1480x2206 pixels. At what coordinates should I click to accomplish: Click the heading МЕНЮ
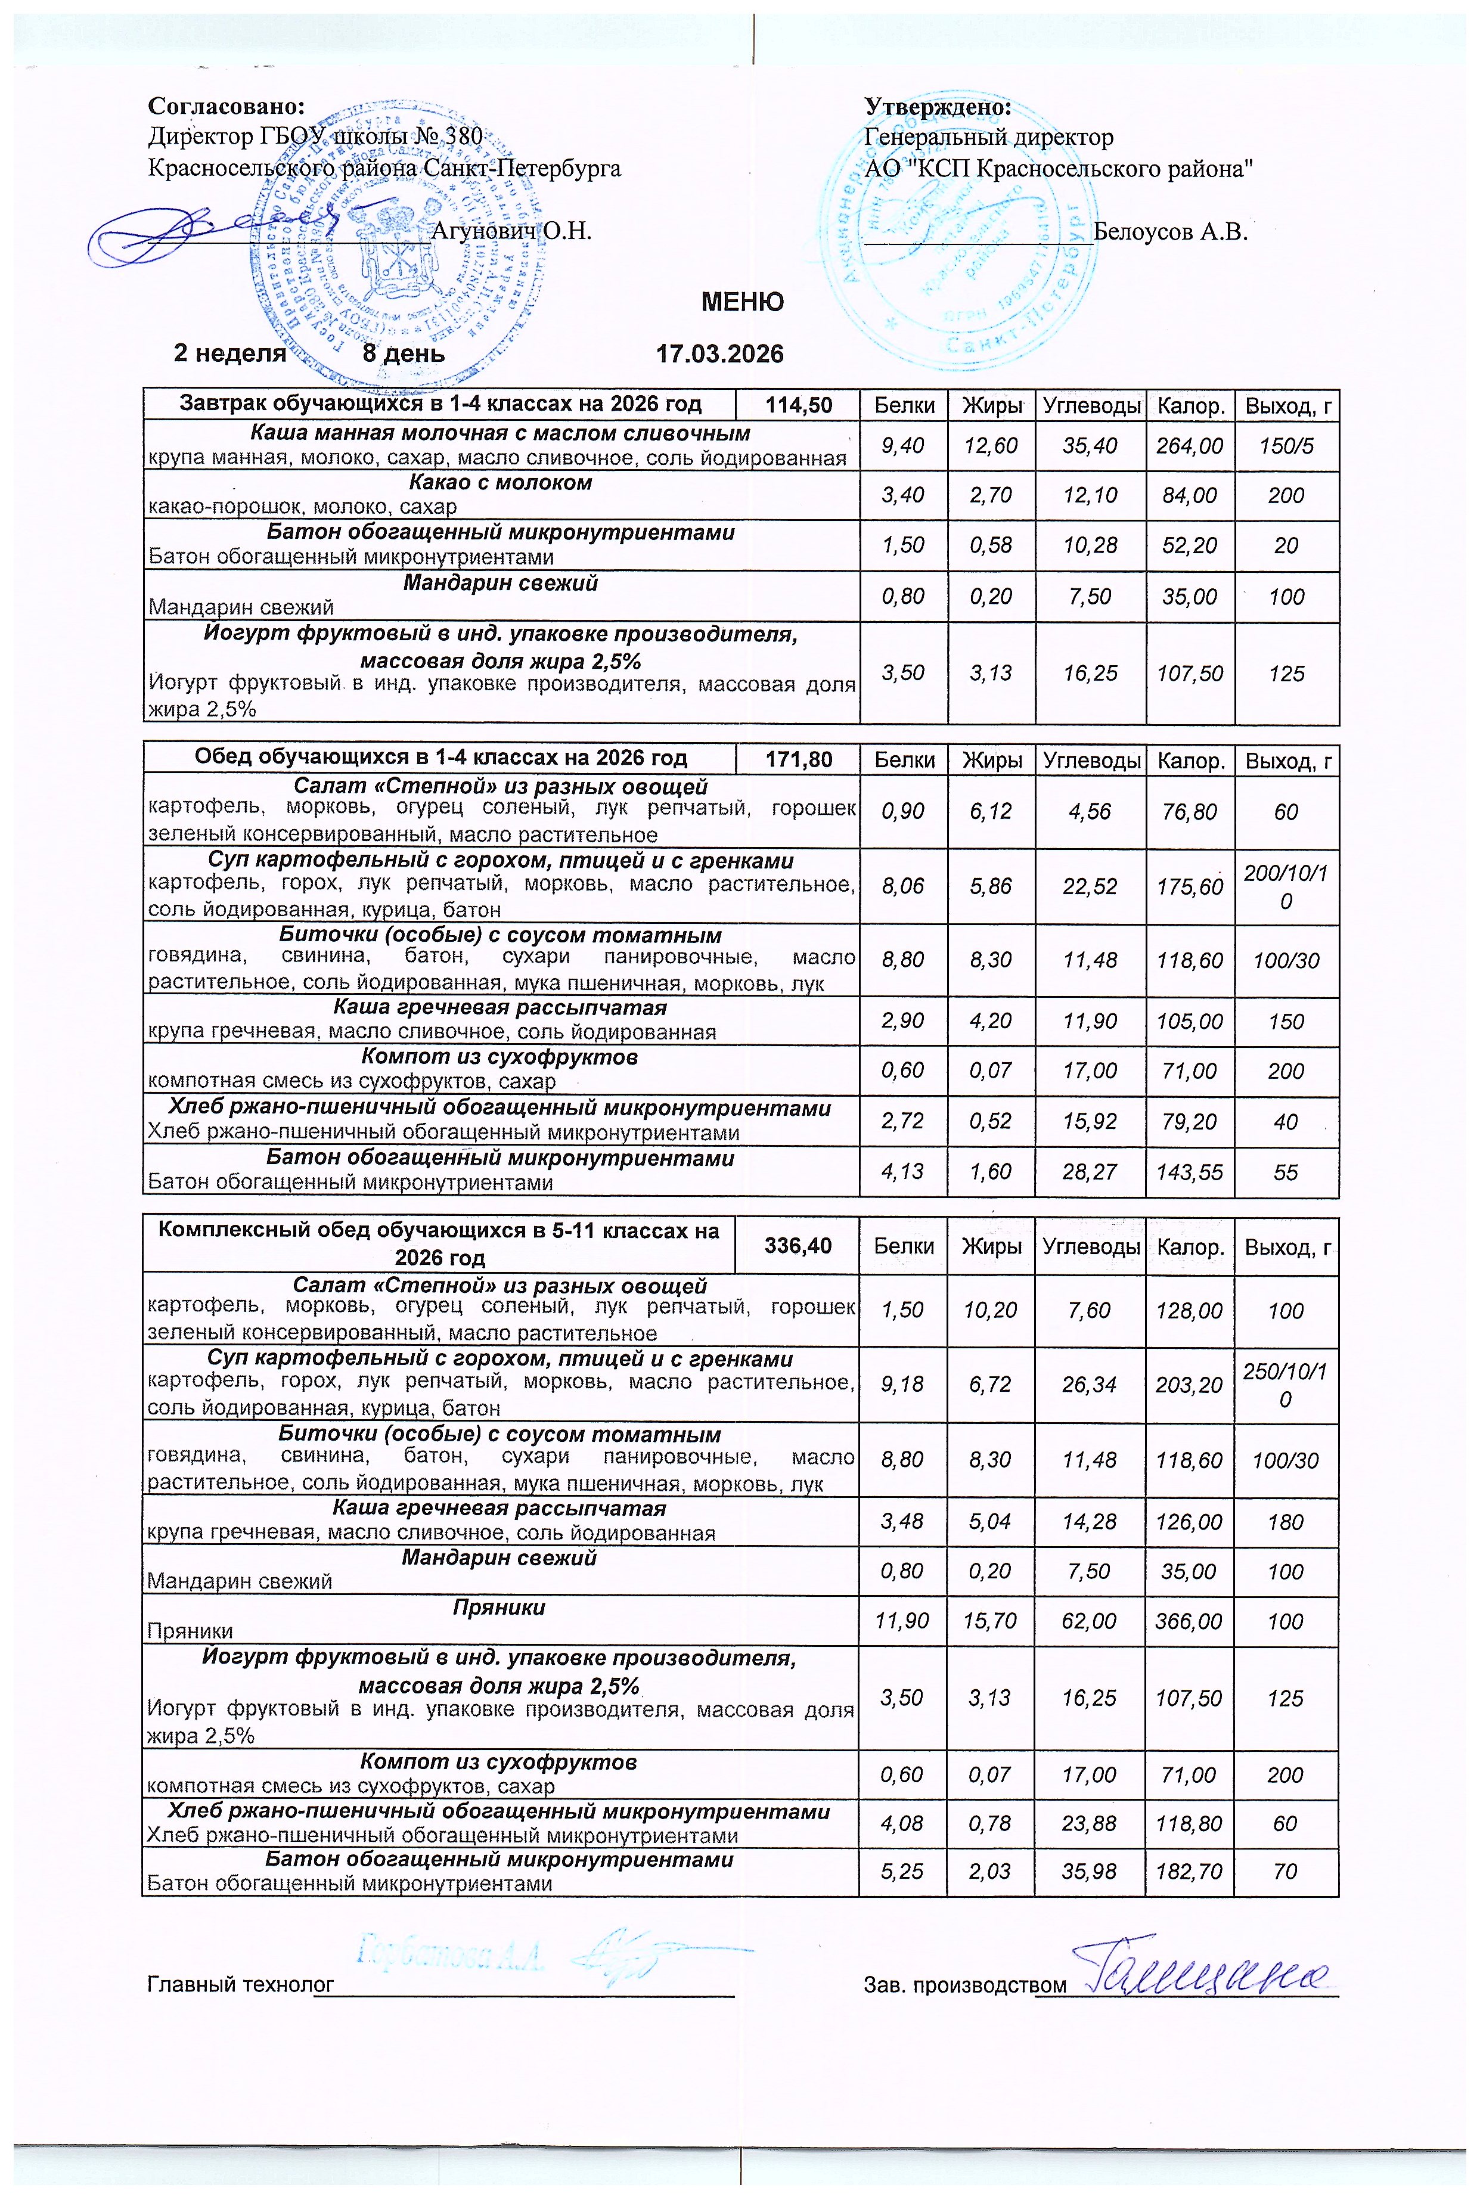742,302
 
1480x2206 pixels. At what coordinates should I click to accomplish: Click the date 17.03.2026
719,354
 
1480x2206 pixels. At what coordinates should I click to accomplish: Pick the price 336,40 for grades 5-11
798,1246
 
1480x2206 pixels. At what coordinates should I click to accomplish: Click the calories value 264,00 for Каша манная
1189,445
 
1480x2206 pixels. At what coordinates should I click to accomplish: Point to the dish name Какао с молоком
500,482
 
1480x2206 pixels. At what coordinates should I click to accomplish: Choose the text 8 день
404,354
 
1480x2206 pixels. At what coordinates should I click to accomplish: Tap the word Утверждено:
937,107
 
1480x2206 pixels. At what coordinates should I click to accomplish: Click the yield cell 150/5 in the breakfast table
1286,445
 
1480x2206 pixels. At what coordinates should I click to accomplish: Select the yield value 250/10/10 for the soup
1286,1385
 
